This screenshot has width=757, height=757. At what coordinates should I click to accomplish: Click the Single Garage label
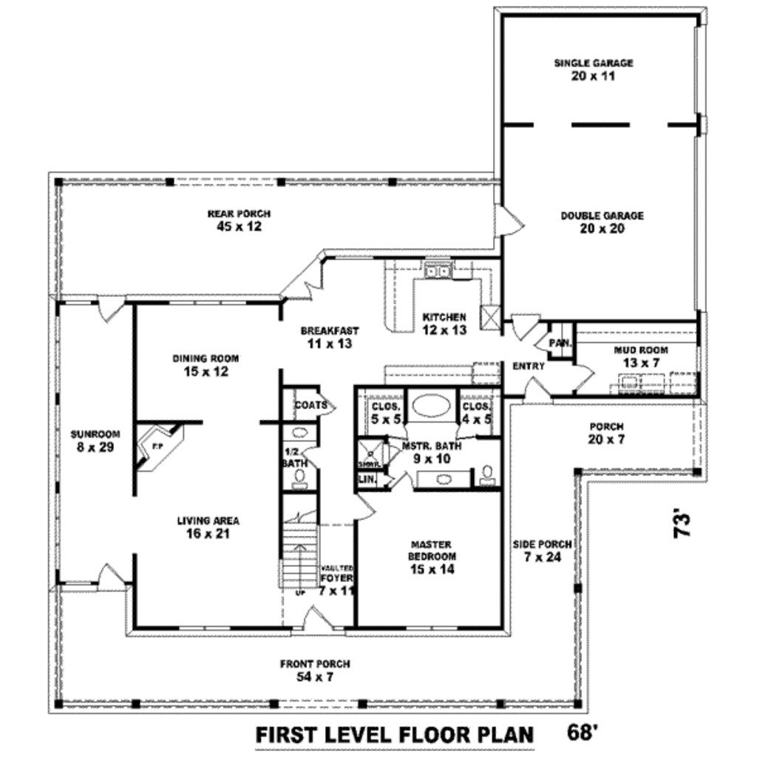coord(594,69)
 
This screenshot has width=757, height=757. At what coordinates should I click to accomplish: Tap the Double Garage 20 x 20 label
coord(602,222)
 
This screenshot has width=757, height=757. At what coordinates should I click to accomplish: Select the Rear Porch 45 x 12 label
coord(239,220)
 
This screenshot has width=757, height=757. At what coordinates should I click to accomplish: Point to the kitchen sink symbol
coord(439,271)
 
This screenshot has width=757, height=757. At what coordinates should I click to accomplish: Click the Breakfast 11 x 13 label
coord(329,337)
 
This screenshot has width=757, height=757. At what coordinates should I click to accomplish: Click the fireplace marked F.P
coord(157,447)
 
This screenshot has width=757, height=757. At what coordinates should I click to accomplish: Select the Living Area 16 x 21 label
coord(208,526)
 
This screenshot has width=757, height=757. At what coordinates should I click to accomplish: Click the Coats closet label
coord(310,405)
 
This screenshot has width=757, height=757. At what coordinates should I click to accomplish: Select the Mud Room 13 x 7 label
coord(641,356)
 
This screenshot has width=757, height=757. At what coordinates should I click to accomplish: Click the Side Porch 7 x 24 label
coord(542,551)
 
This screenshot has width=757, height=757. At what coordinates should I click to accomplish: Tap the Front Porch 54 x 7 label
coord(315,671)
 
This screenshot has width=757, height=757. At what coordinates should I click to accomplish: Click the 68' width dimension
coord(583,734)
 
